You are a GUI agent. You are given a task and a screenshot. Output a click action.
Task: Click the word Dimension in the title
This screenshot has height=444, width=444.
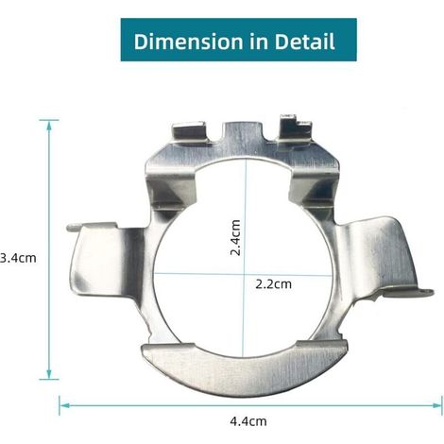click(x=189, y=42)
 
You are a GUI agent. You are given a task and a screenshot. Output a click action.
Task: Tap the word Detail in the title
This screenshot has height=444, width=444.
click(x=304, y=42)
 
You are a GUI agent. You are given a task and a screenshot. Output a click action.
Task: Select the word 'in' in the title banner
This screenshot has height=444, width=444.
click(x=259, y=42)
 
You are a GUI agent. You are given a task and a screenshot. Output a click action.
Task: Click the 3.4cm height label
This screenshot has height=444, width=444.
click(x=18, y=258)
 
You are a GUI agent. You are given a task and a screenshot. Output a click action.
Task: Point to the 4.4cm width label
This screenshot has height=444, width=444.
click(x=248, y=421)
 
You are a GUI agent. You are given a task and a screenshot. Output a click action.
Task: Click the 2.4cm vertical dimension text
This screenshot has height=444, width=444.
click(x=235, y=238)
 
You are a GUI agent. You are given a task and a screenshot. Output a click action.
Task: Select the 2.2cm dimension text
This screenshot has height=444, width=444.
click(x=273, y=284)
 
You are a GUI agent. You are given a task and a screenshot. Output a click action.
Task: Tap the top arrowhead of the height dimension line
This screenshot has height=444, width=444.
click(x=49, y=126)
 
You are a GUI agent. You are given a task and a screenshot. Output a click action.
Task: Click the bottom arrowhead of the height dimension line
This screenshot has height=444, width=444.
click(x=49, y=374)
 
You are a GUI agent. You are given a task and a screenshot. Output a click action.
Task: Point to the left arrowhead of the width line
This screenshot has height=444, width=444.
click(x=64, y=405)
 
